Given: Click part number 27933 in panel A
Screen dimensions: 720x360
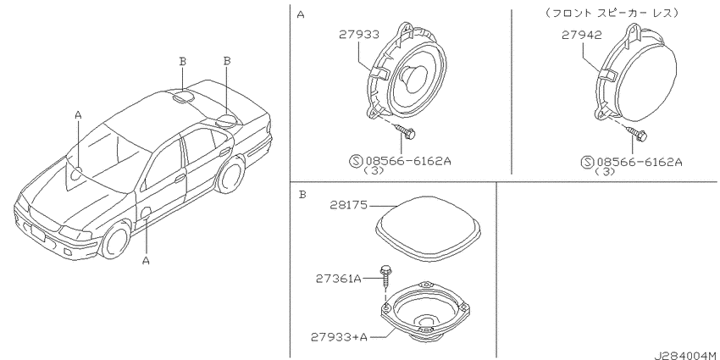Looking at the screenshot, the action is [359, 35].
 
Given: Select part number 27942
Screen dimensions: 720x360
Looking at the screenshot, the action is [581, 36].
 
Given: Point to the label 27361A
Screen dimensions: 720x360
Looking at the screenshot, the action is [338, 279].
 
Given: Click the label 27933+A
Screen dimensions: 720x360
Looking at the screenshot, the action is [340, 337].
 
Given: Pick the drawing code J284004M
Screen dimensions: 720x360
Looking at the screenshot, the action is [684, 355].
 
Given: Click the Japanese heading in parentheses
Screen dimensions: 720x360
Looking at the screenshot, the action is [612, 14].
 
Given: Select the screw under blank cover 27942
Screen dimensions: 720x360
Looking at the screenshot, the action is [639, 134].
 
